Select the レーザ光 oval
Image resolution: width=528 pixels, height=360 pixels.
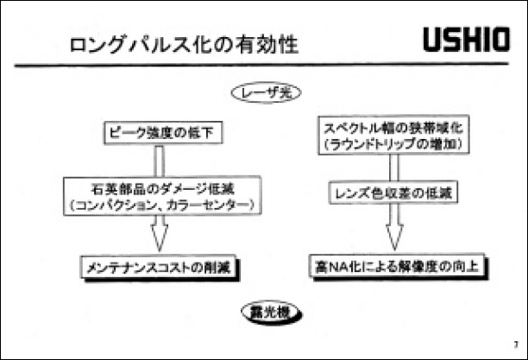(x=265, y=92)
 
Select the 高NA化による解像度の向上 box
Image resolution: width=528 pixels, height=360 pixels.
(x=392, y=265)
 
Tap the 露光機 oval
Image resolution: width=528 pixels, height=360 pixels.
(x=263, y=310)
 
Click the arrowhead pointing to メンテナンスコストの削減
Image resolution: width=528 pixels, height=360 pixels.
(x=158, y=237)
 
